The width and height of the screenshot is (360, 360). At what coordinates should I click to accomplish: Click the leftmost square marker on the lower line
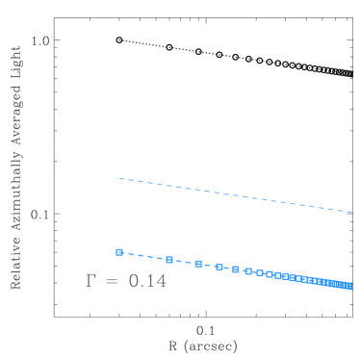(119, 252)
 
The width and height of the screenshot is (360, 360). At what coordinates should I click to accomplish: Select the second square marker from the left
(169, 260)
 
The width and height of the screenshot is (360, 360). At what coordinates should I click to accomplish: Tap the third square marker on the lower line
(198, 264)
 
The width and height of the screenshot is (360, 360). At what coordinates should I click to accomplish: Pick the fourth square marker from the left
(219, 267)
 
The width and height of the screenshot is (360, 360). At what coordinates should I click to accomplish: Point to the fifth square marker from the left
(236, 270)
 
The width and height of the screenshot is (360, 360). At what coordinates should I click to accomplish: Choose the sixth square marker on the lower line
(248, 271)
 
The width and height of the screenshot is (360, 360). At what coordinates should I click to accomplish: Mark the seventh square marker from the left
(260, 273)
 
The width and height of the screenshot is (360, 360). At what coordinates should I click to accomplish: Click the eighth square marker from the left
(270, 274)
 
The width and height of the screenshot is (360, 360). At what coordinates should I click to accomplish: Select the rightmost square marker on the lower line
(349, 286)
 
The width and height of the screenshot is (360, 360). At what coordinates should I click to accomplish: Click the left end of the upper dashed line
(118, 178)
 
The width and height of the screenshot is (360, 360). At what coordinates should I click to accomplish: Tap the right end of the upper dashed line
(352, 212)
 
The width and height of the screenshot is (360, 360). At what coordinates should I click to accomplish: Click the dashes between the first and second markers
(144, 256)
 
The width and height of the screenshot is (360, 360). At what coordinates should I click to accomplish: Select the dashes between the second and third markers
(184, 262)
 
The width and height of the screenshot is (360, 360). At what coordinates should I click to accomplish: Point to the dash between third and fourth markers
(209, 266)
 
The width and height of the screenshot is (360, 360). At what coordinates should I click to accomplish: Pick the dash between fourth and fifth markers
(228, 269)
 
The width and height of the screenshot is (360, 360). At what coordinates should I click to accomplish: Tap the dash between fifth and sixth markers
(243, 270)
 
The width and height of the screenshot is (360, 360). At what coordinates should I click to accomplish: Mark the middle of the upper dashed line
(236, 195)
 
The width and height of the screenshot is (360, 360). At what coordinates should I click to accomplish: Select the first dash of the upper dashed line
(121, 179)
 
